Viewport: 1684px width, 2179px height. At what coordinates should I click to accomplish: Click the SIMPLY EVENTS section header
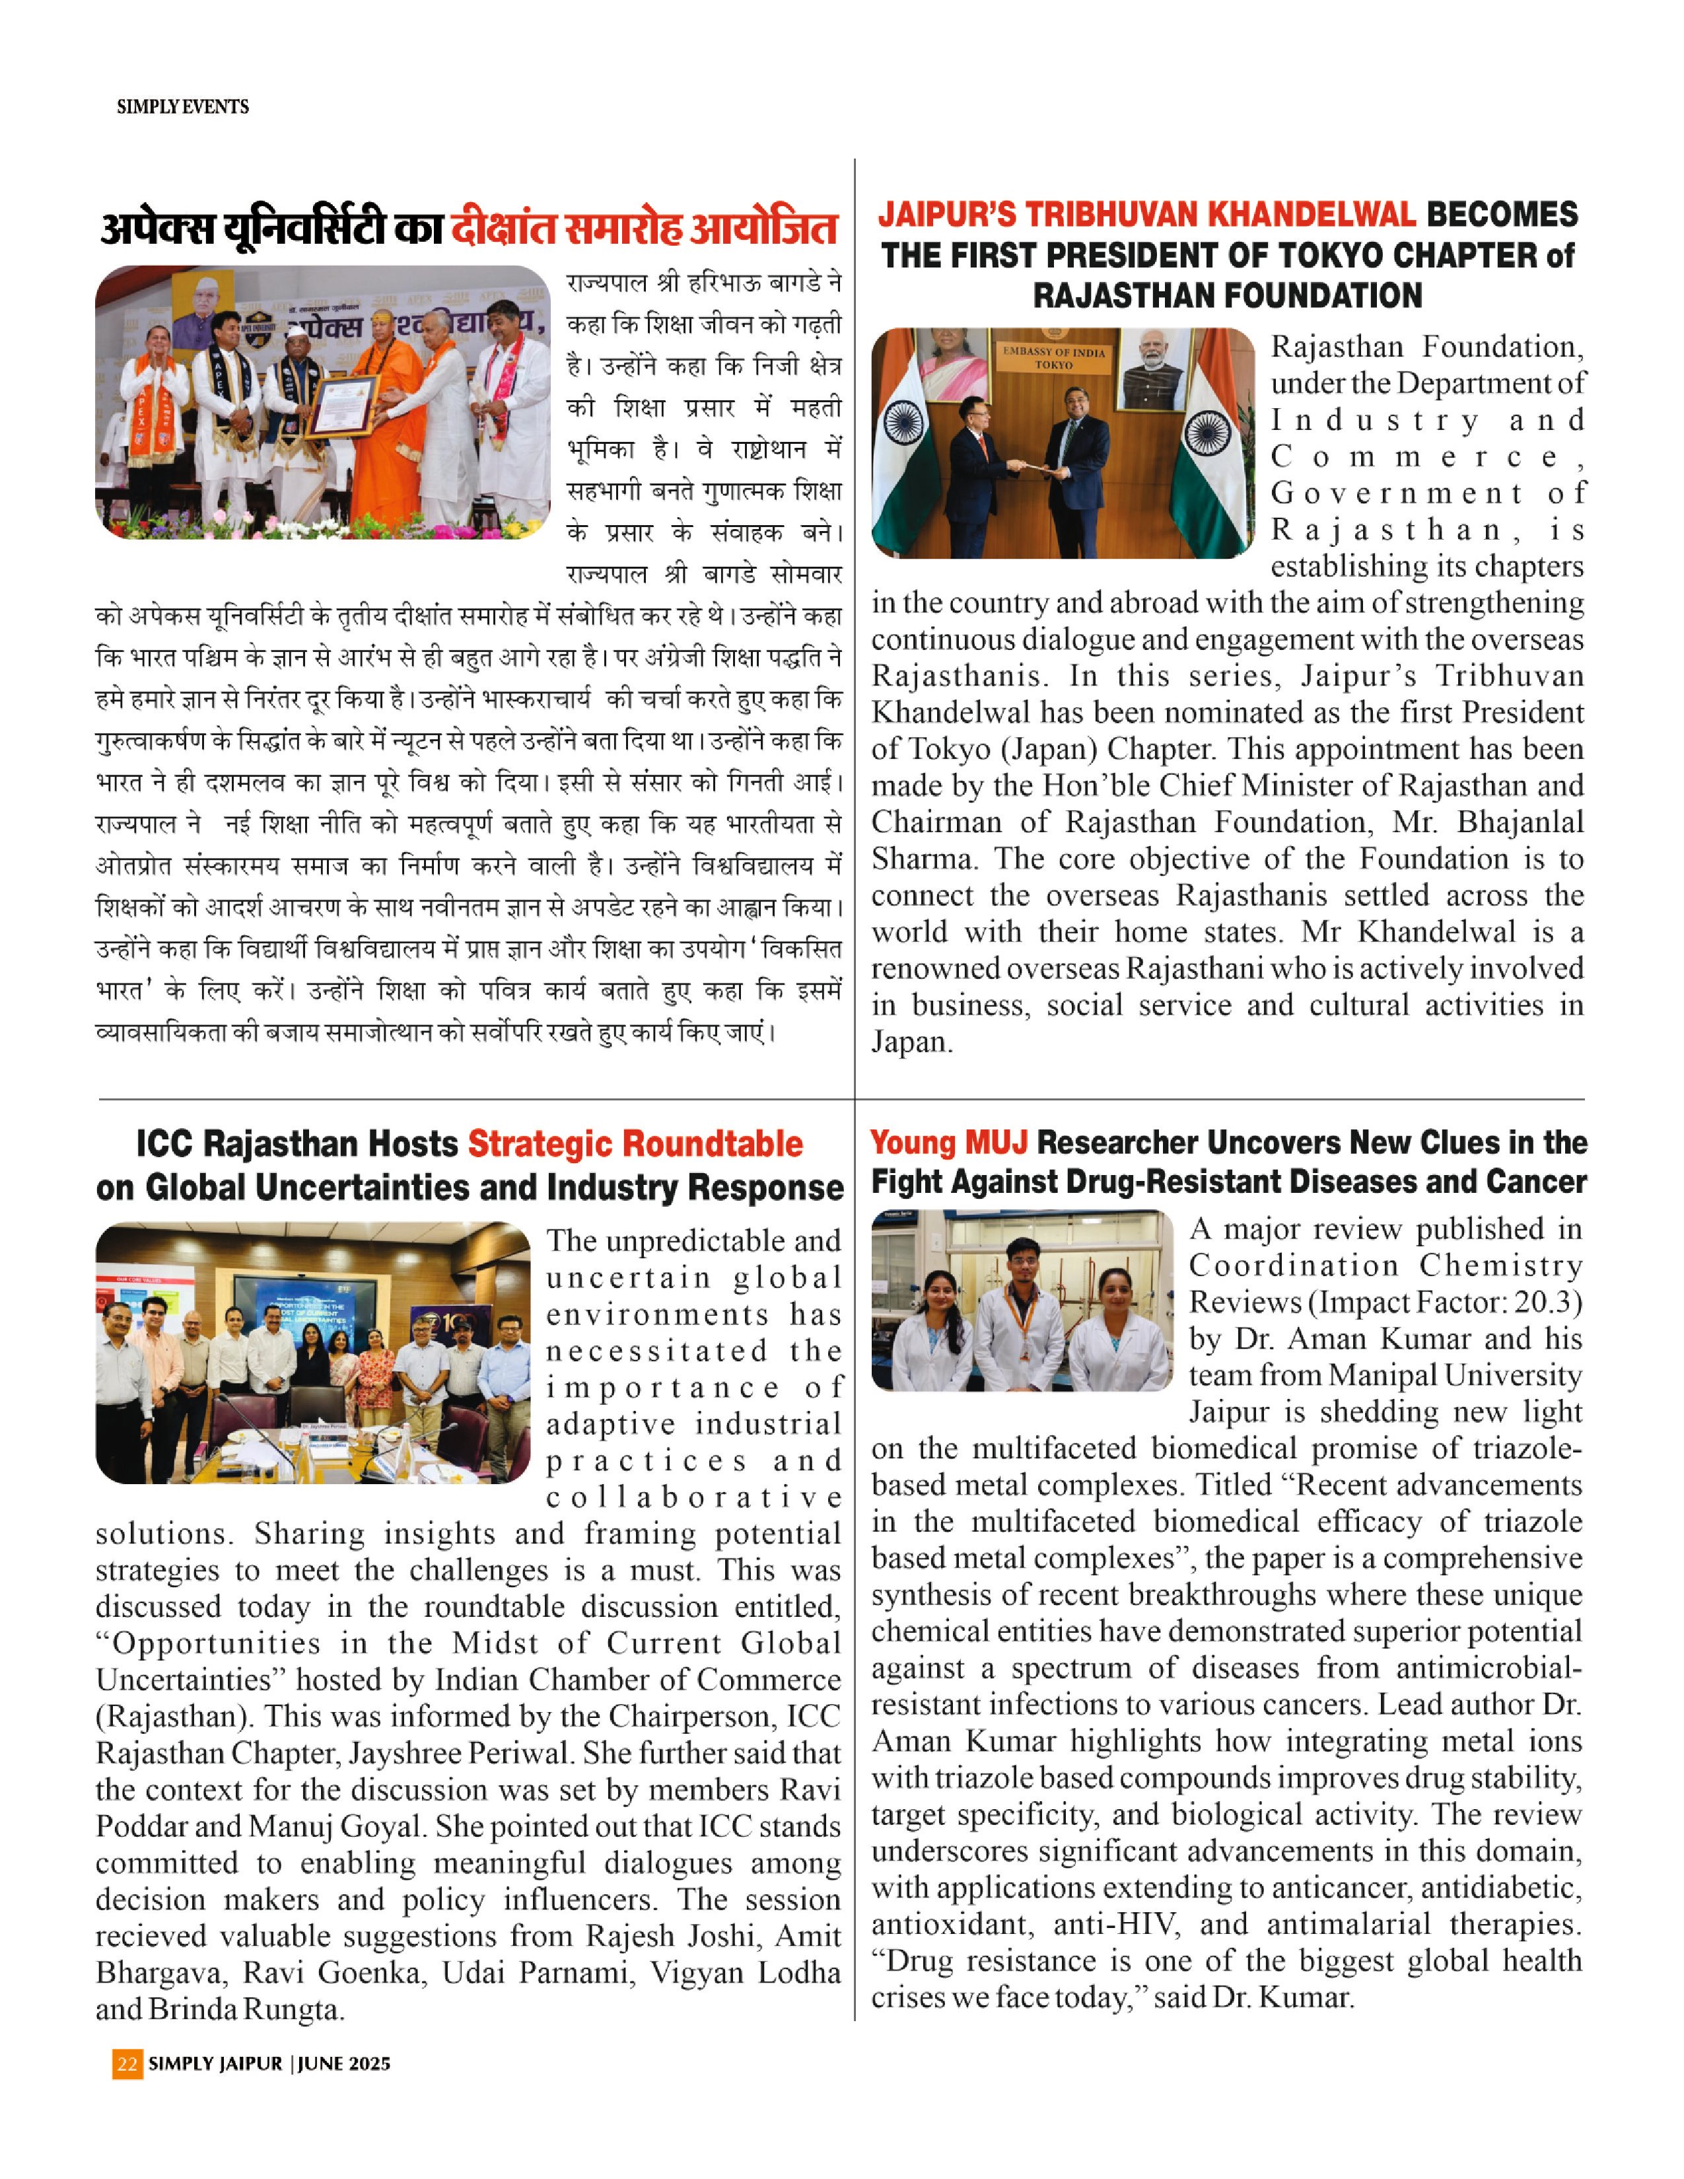pos(182,107)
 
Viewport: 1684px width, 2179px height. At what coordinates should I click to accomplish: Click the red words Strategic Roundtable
pos(635,1143)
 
